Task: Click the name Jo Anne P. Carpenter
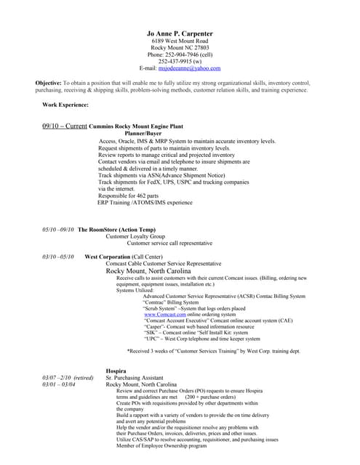pyautogui.click(x=180, y=33)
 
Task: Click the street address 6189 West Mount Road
pyautogui.click(x=180, y=41)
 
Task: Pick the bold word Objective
pyautogui.click(x=48, y=84)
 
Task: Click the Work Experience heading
pyautogui.click(x=65, y=105)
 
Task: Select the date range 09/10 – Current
pyautogui.click(x=65, y=126)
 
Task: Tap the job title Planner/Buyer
pyautogui.click(x=143, y=134)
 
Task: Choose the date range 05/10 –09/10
pyautogui.click(x=58, y=229)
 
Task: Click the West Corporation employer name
pyautogui.click(x=107, y=256)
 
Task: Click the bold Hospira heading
pyautogui.click(x=116, y=370)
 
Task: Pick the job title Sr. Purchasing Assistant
pyautogui.click(x=137, y=377)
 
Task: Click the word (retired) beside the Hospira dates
pyautogui.click(x=83, y=377)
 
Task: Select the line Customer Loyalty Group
pyautogui.click(x=135, y=236)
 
